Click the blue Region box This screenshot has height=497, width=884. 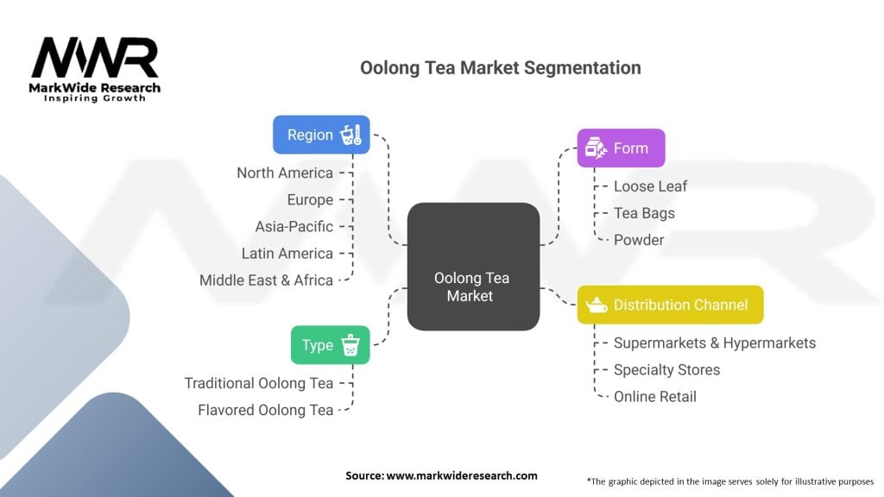click(x=321, y=135)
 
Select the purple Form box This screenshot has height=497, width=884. click(x=621, y=148)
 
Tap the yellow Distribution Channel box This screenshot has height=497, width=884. click(x=670, y=305)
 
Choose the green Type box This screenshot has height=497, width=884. click(x=331, y=345)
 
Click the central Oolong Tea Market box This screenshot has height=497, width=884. click(x=474, y=267)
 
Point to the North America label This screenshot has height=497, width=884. click(x=285, y=173)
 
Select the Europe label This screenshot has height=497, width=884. click(x=310, y=200)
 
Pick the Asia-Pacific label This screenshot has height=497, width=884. click(x=294, y=227)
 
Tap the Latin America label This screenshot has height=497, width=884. click(x=287, y=254)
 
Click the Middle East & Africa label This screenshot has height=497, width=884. click(x=266, y=280)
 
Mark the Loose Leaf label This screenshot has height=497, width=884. click(x=651, y=186)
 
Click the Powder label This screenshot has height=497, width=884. click(x=639, y=240)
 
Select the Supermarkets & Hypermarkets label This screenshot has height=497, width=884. click(x=715, y=343)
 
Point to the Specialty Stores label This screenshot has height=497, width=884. click(x=667, y=369)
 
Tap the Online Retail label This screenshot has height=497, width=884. click(x=655, y=397)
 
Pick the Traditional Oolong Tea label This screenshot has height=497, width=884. click(x=259, y=383)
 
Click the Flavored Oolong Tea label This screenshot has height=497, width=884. click(x=266, y=410)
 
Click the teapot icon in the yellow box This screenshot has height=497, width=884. click(x=597, y=305)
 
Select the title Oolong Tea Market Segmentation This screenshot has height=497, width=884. click(x=501, y=67)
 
